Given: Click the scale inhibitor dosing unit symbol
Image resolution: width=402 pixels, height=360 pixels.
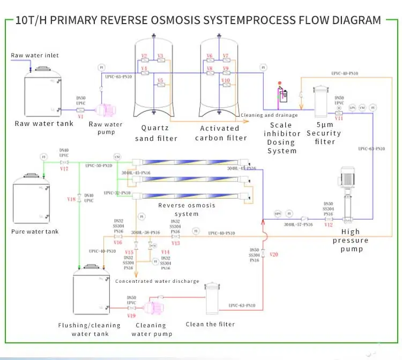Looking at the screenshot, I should (281, 95).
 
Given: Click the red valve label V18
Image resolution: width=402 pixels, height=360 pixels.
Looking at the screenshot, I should (71, 199).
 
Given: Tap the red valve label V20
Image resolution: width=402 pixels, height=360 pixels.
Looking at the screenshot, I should (274, 254).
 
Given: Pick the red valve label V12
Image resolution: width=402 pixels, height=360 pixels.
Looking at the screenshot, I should (329, 224).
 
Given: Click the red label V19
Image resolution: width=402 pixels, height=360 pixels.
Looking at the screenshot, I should (131, 316).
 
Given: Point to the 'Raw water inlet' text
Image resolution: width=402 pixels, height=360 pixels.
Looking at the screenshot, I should (35, 55).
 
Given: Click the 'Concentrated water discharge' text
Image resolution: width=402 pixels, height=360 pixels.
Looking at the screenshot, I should (157, 281).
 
